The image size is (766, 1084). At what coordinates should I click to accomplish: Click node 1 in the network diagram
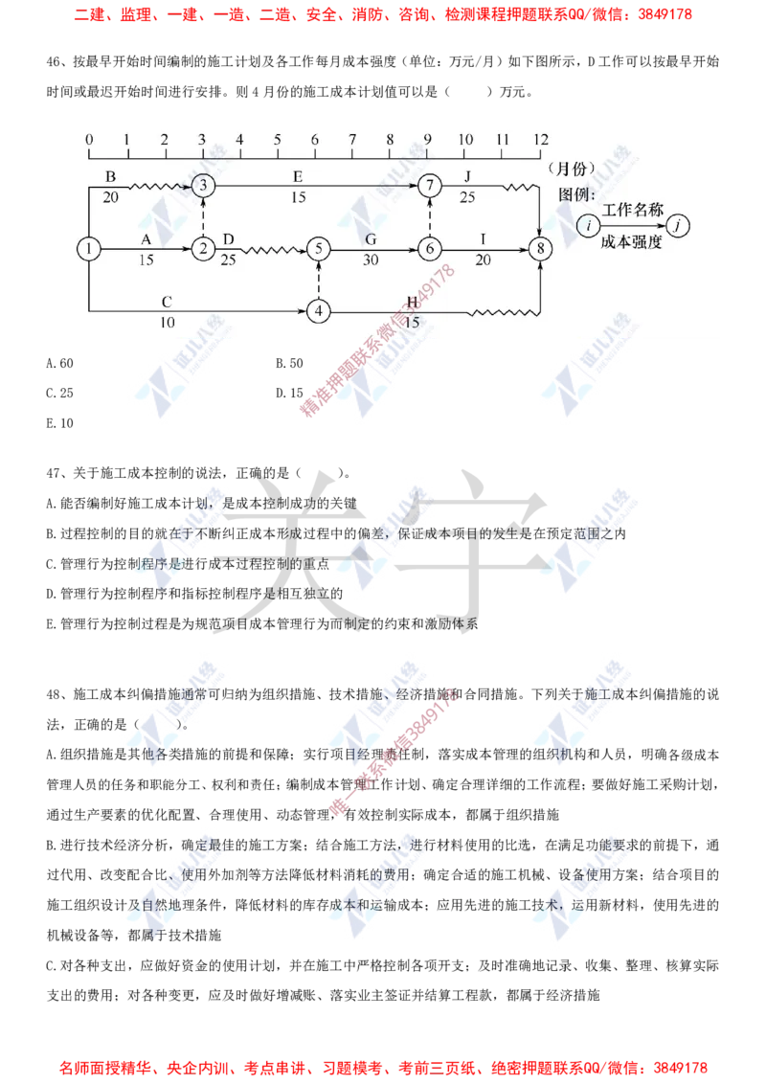pos(88,249)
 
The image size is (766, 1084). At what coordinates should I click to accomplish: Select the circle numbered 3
pos(202,184)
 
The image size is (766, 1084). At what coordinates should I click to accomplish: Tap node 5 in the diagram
pos(318,249)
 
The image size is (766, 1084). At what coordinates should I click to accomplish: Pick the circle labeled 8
pos(542,249)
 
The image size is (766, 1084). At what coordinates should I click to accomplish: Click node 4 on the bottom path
pos(318,311)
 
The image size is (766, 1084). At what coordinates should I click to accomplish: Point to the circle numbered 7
pos(430,184)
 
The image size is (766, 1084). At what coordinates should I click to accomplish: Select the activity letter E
pos(298,176)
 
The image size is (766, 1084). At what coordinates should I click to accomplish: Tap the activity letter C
pos(167,302)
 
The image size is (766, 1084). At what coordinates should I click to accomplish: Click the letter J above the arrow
pos(467,176)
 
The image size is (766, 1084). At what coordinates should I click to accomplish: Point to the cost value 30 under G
pos(371,260)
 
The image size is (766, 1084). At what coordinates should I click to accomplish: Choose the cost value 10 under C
pos(167,323)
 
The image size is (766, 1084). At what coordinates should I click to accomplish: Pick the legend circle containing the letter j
pos(679,225)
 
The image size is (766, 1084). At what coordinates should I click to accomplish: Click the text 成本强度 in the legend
pos(632,243)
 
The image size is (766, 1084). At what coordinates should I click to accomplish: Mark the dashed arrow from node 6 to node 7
pos(430,216)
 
